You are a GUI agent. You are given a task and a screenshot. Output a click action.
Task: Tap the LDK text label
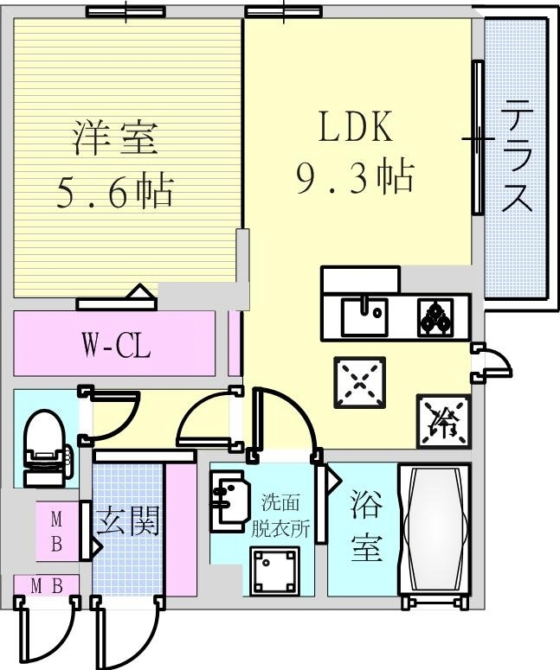coord(356,128)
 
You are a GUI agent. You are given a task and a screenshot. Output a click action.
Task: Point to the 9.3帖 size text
coord(354,179)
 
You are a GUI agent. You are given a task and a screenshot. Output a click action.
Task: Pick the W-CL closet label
coord(117,348)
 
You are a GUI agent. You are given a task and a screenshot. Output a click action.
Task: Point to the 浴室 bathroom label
coord(366,528)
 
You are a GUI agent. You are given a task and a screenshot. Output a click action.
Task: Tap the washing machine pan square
coord(274,570)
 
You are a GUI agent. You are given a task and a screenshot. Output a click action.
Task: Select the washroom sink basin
coord(228,501)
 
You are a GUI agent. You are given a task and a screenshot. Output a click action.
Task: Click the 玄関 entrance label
coord(128,522)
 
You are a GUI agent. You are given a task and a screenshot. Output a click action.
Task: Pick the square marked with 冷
coord(444,420)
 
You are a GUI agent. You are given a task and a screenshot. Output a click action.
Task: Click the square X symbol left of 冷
coord(357,382)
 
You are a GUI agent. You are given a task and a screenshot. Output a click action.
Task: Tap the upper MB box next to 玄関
coord(56,532)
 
